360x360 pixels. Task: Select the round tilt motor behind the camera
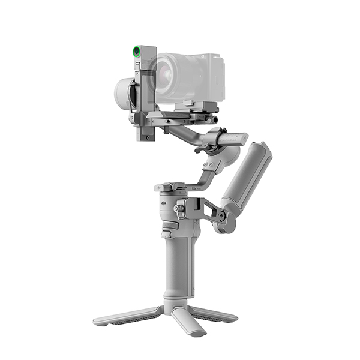[x=125, y=93]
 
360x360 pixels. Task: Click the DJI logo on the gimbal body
[x=162, y=203]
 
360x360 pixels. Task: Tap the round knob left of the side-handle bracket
[x=178, y=209]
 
